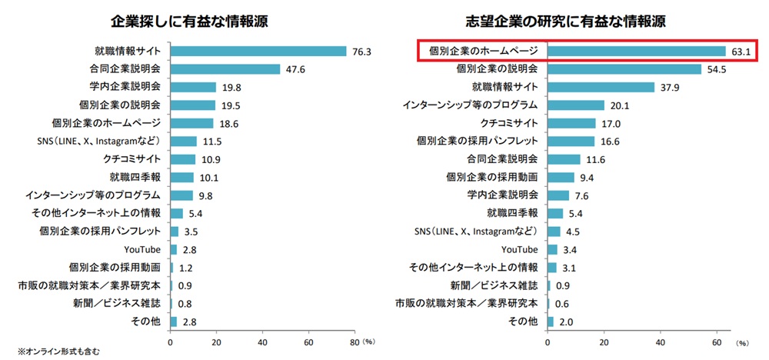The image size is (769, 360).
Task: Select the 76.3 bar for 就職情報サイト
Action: (258, 52)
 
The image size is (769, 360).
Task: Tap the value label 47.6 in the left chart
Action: (295, 69)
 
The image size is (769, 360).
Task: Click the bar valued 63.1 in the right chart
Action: (636, 52)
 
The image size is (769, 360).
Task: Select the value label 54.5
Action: (717, 69)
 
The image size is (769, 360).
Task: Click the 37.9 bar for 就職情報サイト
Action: (601, 87)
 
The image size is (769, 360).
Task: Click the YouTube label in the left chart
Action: (142, 249)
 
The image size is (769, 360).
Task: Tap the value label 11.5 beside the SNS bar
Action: (211, 141)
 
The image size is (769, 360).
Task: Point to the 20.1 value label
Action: (620, 105)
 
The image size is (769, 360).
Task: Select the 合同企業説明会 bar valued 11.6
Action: (564, 159)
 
